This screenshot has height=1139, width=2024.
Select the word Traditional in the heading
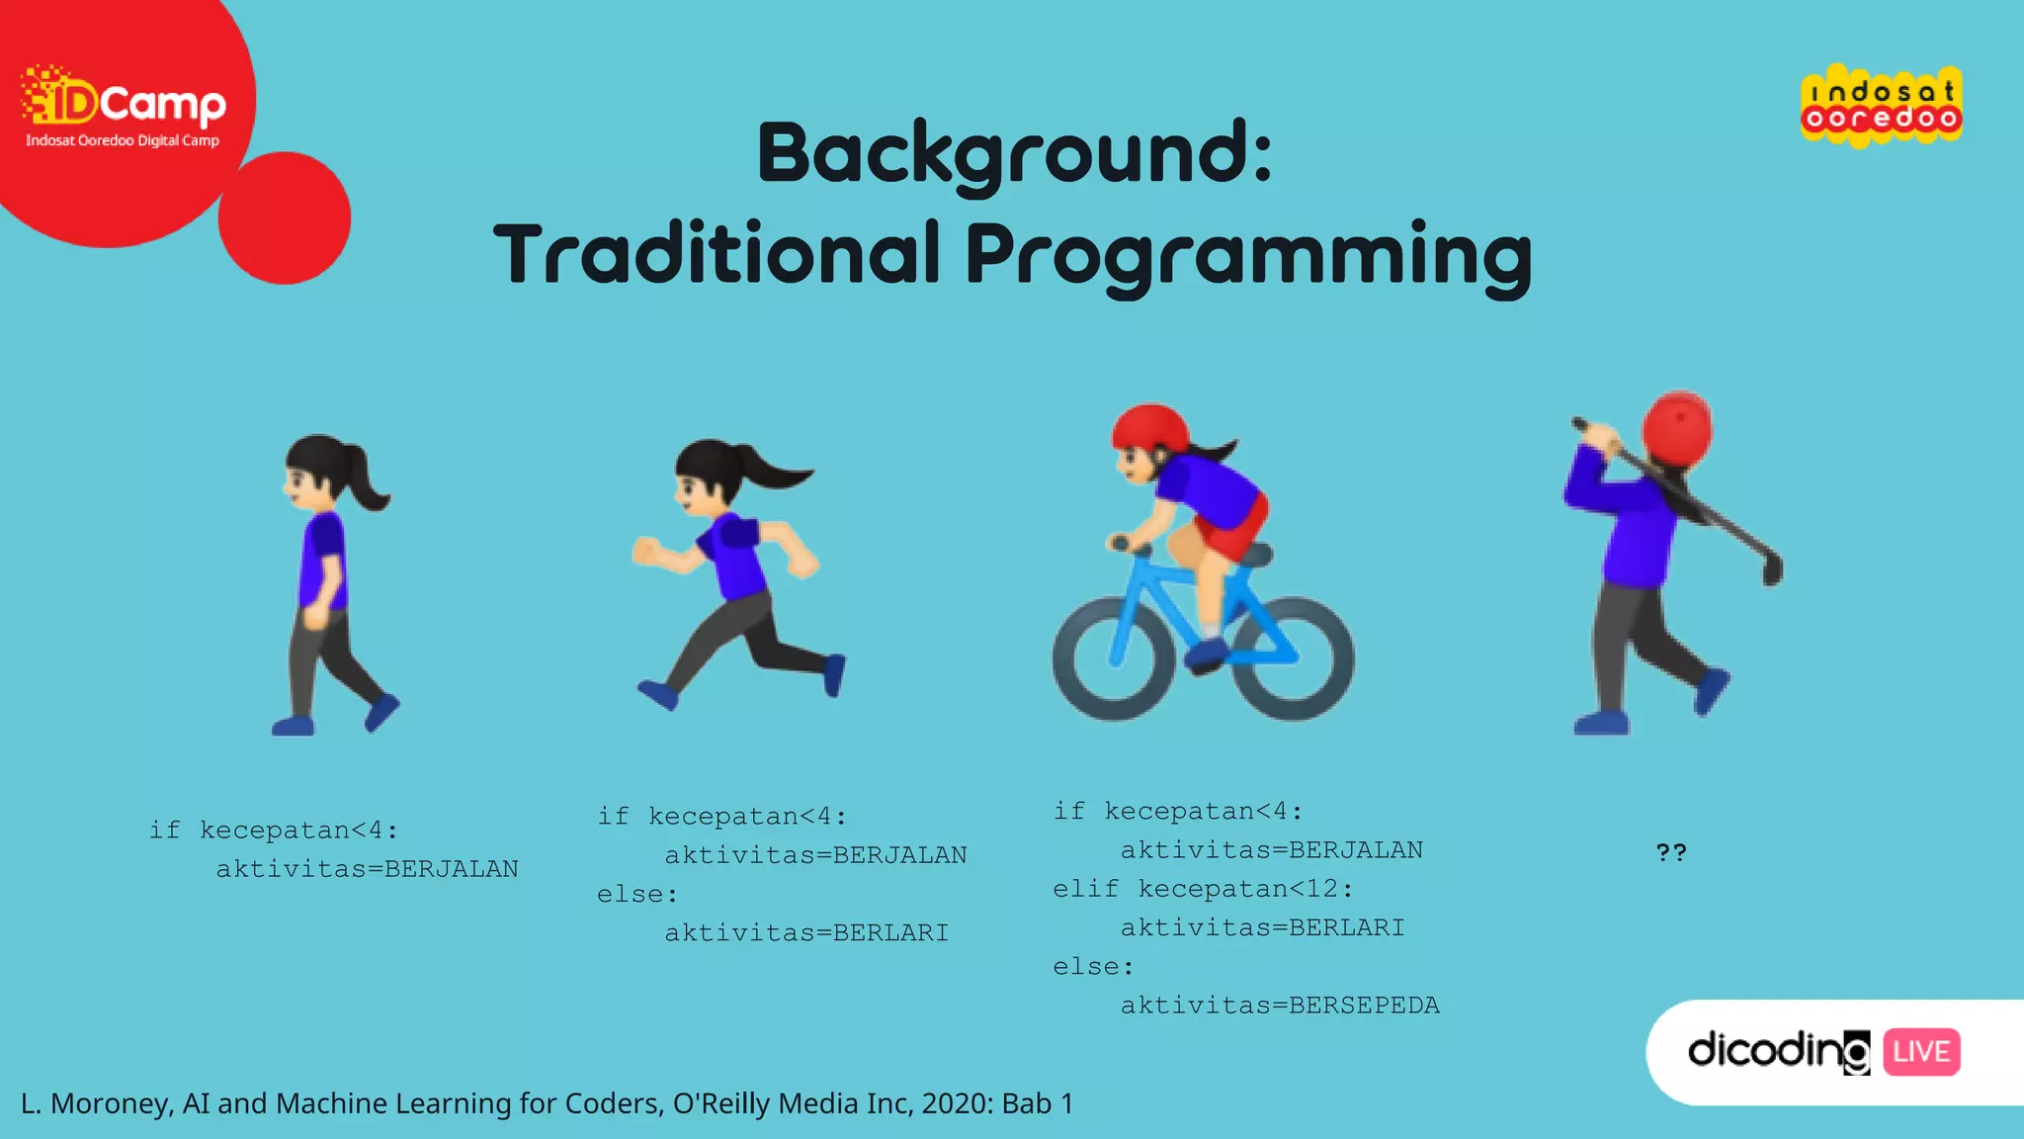(x=716, y=254)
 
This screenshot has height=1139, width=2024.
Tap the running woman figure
(x=737, y=574)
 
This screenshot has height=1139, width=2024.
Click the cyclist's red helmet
(x=1150, y=427)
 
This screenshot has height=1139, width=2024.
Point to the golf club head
(x=1773, y=570)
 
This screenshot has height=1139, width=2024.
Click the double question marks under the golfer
(x=1671, y=852)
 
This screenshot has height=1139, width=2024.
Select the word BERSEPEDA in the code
(x=1364, y=1006)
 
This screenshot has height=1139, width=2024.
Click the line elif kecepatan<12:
(x=1203, y=889)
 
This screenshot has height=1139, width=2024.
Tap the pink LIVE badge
(x=1921, y=1052)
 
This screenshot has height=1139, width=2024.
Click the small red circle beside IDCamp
(x=285, y=219)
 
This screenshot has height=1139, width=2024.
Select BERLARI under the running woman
(x=890, y=932)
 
